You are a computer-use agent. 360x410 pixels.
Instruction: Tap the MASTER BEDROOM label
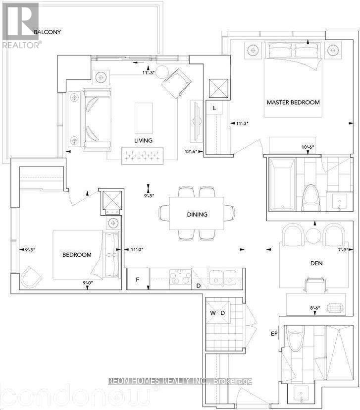pyautogui.click(x=293, y=103)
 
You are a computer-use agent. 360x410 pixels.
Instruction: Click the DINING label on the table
pyautogui.click(x=197, y=215)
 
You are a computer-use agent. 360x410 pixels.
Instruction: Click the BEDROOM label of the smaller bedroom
pyautogui.click(x=77, y=255)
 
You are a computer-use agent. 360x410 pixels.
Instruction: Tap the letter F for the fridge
pyautogui.click(x=138, y=280)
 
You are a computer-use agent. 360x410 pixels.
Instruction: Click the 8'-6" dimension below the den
pyautogui.click(x=315, y=308)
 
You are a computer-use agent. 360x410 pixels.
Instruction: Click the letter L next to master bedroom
pyautogui.click(x=214, y=108)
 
